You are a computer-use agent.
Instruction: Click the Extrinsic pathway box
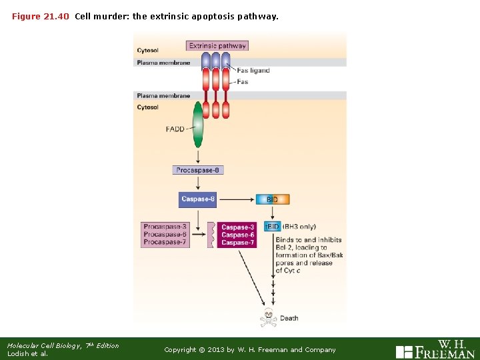click(x=217, y=46)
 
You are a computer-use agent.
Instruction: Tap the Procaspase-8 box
click(x=197, y=170)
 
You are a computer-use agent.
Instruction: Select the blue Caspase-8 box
click(x=198, y=199)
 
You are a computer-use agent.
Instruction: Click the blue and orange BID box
click(x=273, y=199)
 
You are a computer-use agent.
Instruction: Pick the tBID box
click(x=272, y=227)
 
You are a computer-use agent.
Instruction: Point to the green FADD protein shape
click(x=198, y=125)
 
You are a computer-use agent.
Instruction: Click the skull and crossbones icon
click(x=268, y=317)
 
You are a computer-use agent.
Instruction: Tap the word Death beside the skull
click(x=289, y=319)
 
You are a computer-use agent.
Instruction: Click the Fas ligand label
click(x=253, y=71)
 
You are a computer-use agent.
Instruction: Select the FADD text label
click(x=175, y=129)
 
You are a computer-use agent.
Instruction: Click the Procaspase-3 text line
click(x=165, y=227)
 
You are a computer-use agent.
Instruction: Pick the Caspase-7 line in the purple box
click(x=238, y=243)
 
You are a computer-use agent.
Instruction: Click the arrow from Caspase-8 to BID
click(x=237, y=199)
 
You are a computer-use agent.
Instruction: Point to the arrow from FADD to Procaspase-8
click(x=198, y=155)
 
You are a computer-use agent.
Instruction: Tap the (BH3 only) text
click(x=299, y=227)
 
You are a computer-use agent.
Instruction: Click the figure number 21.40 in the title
click(x=56, y=16)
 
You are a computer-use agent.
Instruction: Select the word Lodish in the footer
click(x=18, y=354)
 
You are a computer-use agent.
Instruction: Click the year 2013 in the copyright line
click(x=219, y=350)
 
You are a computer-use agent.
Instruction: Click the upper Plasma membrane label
click(x=163, y=63)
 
